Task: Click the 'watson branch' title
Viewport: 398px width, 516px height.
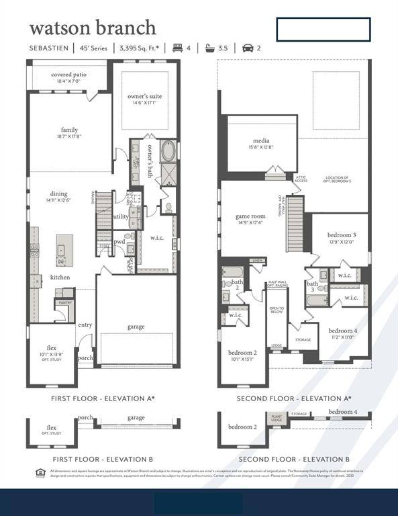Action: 93,28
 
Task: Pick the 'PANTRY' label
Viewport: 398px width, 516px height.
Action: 65,303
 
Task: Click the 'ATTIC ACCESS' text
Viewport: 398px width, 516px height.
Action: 301,179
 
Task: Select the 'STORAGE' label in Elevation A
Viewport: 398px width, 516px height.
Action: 303,340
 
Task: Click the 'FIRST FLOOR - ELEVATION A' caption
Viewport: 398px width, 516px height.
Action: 103,398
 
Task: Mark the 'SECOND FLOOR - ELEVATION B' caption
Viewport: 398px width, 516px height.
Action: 293,459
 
